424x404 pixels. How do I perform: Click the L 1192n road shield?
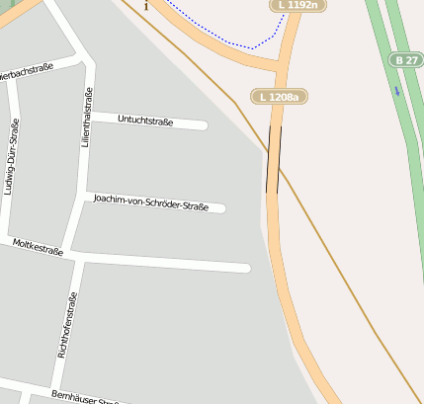pyautogui.click(x=297, y=6)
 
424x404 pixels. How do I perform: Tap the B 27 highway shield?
pyautogui.click(x=405, y=60)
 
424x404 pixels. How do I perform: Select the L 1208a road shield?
pyautogui.click(x=278, y=97)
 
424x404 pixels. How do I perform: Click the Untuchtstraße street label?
pyautogui.click(x=145, y=121)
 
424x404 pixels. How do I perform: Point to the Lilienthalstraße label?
pyautogui.click(x=88, y=119)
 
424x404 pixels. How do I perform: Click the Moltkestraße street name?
pyautogui.click(x=38, y=247)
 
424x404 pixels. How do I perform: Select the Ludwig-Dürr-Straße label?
pyautogui.click(x=10, y=158)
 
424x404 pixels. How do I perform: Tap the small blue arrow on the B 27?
pyautogui.click(x=396, y=91)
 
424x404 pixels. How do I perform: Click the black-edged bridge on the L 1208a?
pyautogui.click(x=274, y=159)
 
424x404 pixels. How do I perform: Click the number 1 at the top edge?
pyautogui.click(x=146, y=6)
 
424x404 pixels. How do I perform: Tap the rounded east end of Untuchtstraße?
pyautogui.click(x=203, y=124)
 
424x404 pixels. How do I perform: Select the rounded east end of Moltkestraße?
pyautogui.click(x=245, y=268)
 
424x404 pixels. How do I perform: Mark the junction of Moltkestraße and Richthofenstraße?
pyautogui.click(x=74, y=255)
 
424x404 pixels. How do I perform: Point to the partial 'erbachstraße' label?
pyautogui.click(x=27, y=70)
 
